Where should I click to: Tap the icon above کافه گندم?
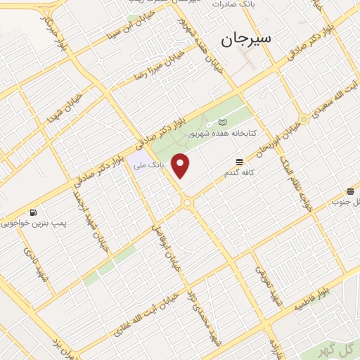[x=240, y=162]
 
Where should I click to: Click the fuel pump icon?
[x=33, y=212]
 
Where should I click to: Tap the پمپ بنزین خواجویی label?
[x=33, y=224]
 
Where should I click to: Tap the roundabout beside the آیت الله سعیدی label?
[x=304, y=120]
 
